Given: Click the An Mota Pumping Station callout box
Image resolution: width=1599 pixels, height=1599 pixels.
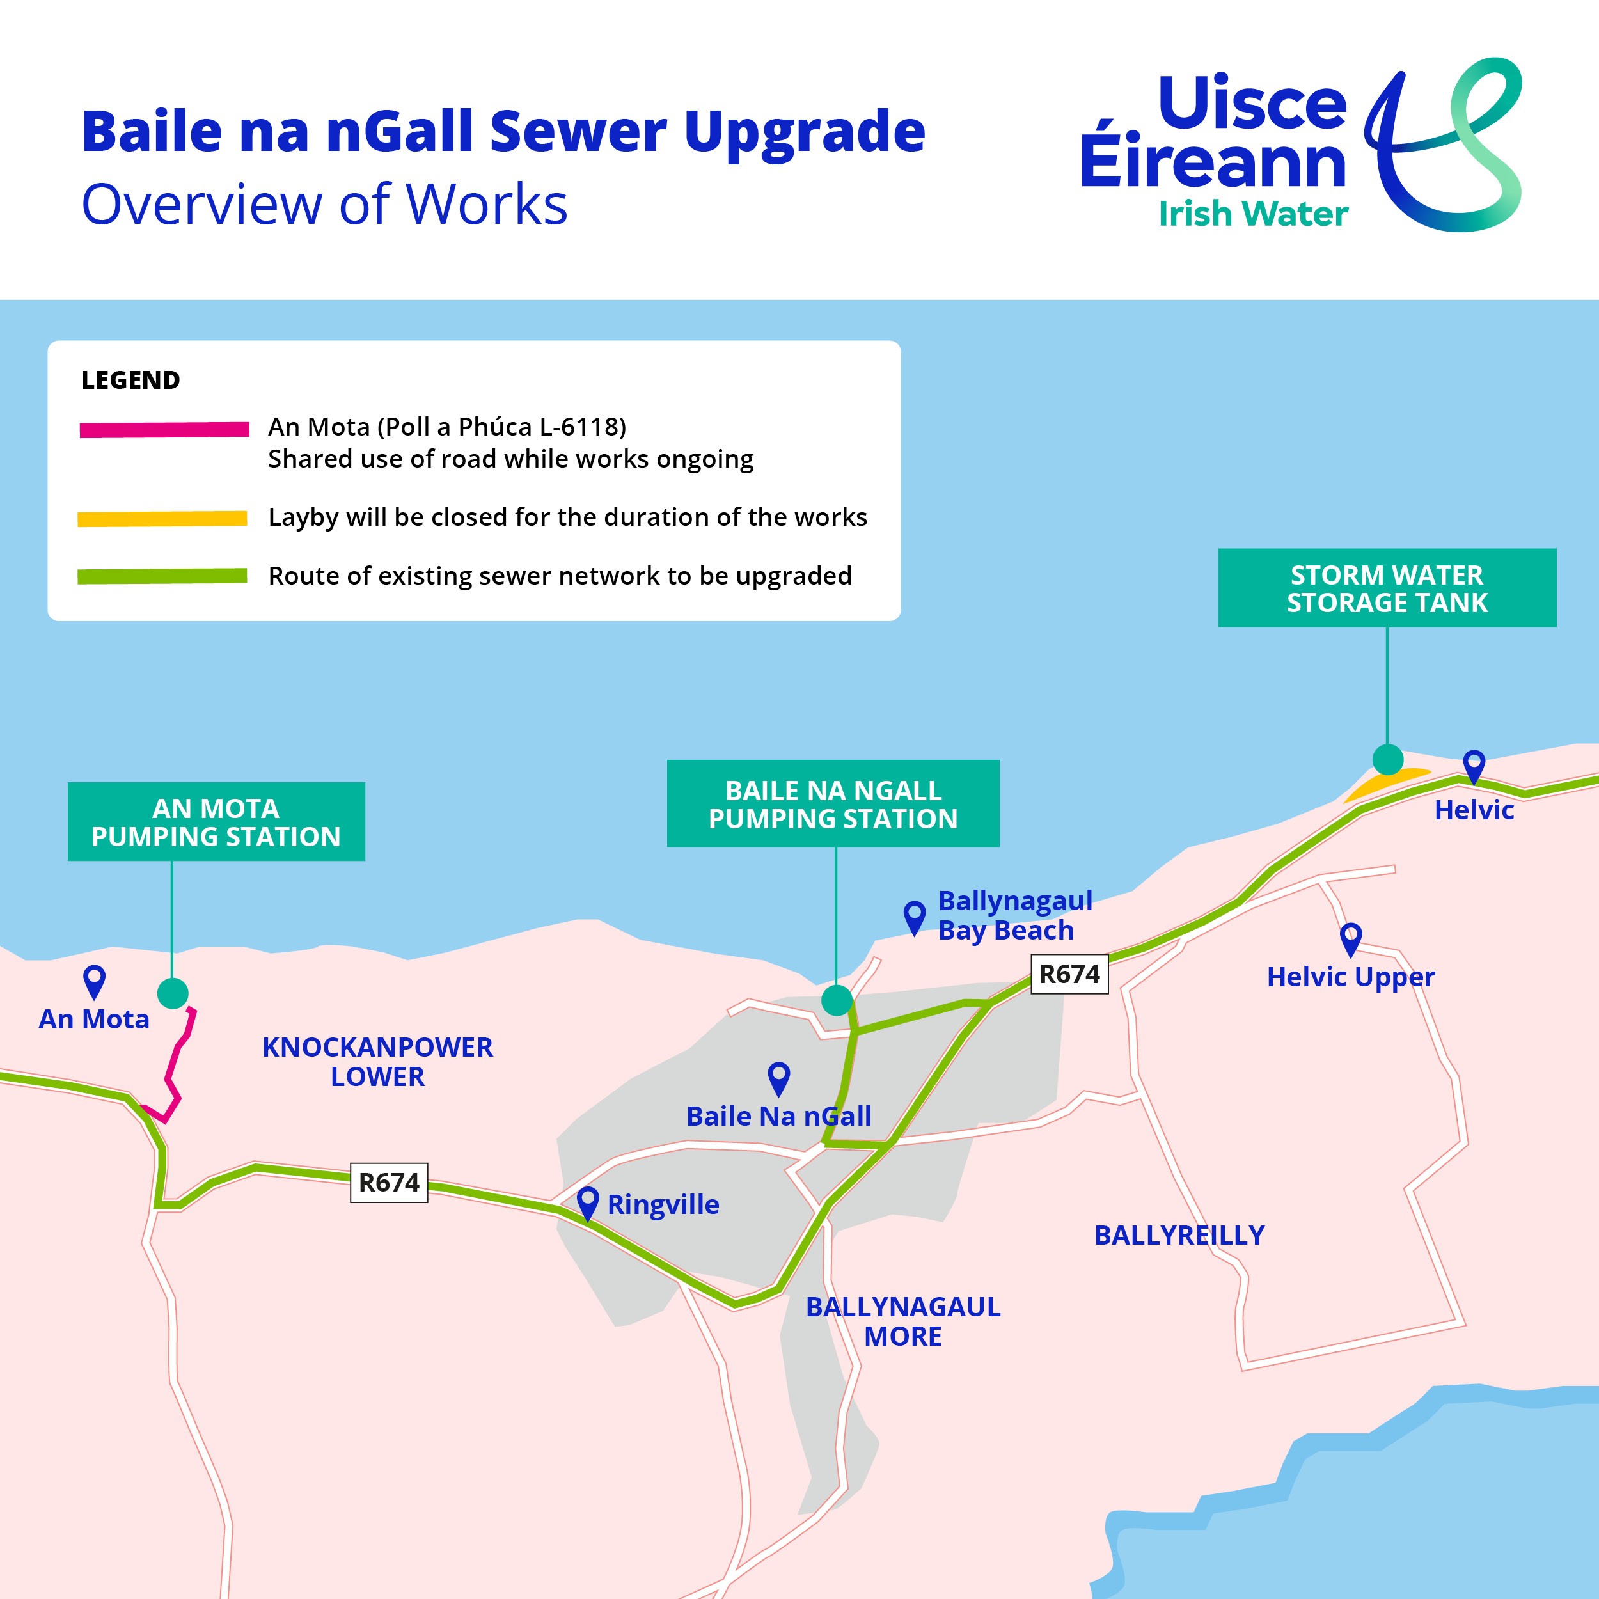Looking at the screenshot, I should (216, 821).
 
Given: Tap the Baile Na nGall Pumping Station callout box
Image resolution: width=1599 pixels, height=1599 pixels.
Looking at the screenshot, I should (833, 803).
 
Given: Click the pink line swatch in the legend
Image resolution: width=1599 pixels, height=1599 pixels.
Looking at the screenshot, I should (164, 430).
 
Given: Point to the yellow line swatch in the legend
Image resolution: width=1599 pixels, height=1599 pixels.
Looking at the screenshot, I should (162, 519).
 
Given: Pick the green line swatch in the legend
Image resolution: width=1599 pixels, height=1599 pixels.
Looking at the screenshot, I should (162, 576).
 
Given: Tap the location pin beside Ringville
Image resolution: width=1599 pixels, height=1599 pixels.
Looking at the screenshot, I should (588, 1202).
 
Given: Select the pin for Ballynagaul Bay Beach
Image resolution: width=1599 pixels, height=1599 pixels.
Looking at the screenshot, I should (915, 917).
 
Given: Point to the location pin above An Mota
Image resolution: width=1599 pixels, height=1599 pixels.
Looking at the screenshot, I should (95, 982).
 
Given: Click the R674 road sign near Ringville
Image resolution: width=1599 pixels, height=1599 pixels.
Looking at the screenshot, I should (389, 1182).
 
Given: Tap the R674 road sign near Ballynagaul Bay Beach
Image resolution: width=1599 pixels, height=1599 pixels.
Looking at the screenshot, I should (1069, 974).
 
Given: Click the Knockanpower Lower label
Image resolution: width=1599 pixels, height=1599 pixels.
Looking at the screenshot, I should (377, 1062).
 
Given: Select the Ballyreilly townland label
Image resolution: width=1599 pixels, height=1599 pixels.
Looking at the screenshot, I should (1179, 1235).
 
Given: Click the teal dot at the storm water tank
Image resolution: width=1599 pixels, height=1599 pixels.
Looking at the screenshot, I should (1388, 759).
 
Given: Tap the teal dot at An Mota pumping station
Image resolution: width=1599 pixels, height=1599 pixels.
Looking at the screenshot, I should (172, 993).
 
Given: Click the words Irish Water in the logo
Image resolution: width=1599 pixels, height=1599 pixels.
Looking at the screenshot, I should (1253, 214).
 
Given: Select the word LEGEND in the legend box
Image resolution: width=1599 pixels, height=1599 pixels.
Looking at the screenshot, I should (130, 380).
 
